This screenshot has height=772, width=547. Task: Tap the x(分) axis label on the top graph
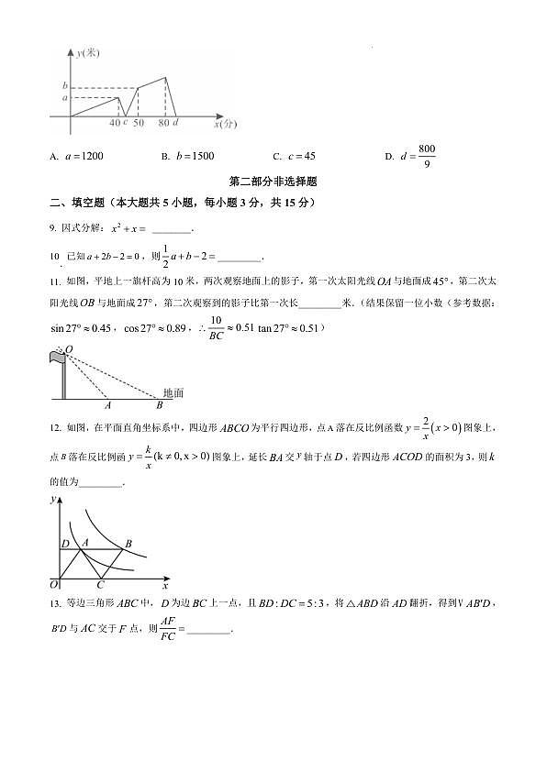click(225, 121)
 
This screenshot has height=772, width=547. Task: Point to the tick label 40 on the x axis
click(114, 122)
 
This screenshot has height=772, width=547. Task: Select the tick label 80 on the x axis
click(163, 122)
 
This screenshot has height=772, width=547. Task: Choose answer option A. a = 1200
click(77, 156)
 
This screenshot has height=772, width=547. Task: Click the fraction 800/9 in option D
click(427, 156)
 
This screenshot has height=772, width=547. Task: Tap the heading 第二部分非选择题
click(273, 182)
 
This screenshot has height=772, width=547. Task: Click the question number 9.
click(53, 229)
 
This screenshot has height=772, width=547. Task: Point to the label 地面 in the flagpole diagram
click(172, 392)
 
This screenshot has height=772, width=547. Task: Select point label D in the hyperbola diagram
click(64, 544)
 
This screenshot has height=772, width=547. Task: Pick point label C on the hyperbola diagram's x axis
click(100, 584)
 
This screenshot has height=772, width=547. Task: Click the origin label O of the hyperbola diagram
click(54, 583)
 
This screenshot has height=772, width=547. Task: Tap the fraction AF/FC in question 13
click(167, 629)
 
